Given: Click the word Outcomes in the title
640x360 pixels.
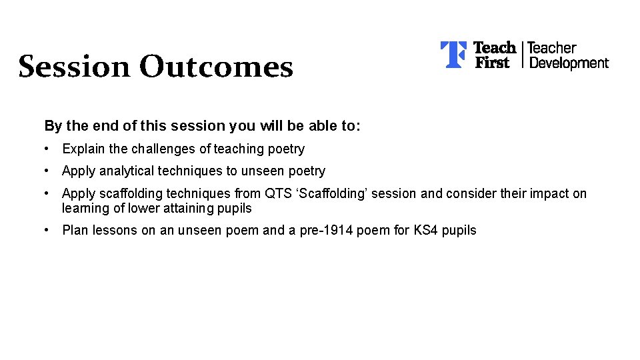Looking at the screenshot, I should click(216, 67).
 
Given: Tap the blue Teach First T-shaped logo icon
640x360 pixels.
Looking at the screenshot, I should click(453, 55).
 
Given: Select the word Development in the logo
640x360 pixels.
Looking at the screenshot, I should click(569, 63).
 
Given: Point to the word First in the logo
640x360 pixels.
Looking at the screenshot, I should click(491, 63).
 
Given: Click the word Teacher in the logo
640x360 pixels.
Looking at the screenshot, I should click(551, 48).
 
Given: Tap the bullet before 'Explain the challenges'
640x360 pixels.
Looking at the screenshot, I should click(47, 149).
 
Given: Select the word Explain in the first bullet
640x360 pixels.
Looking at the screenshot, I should click(83, 149).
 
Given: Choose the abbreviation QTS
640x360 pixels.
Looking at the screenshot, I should click(278, 194).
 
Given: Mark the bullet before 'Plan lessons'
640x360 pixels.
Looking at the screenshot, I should click(47, 230).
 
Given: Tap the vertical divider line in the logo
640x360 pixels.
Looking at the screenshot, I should click(522, 55).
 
